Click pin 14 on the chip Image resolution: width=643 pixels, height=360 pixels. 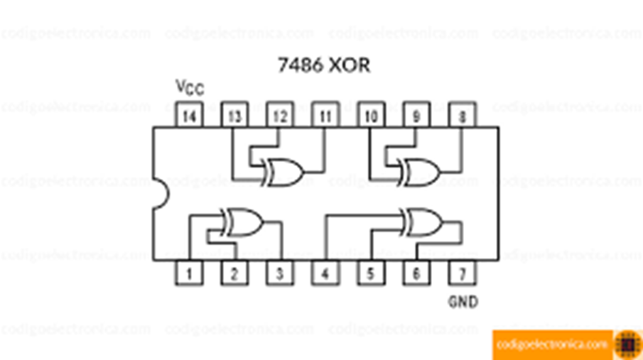click(x=188, y=116)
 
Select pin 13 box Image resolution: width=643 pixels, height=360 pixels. click(x=234, y=116)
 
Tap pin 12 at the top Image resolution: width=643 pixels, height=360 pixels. click(x=280, y=116)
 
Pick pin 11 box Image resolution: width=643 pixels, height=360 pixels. click(x=325, y=116)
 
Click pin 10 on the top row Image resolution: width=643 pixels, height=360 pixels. click(x=371, y=116)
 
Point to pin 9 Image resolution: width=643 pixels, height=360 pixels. click(x=416, y=116)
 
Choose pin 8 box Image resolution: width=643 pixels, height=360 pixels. click(x=462, y=116)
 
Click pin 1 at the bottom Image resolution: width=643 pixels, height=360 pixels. click(x=188, y=273)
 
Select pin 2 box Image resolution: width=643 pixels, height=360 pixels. click(x=234, y=273)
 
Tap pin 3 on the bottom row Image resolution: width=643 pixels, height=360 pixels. click(x=280, y=273)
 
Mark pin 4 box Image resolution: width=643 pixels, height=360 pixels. click(x=325, y=273)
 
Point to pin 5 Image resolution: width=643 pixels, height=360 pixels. click(x=371, y=273)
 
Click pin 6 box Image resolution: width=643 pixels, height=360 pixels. click(x=416, y=273)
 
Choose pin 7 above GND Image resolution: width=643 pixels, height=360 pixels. click(x=462, y=273)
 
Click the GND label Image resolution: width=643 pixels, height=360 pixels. click(x=463, y=302)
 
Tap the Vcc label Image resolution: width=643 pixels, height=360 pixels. click(x=189, y=87)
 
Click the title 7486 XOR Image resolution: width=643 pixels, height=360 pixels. click(x=324, y=65)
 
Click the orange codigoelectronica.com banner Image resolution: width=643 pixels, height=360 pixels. click(x=553, y=344)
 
